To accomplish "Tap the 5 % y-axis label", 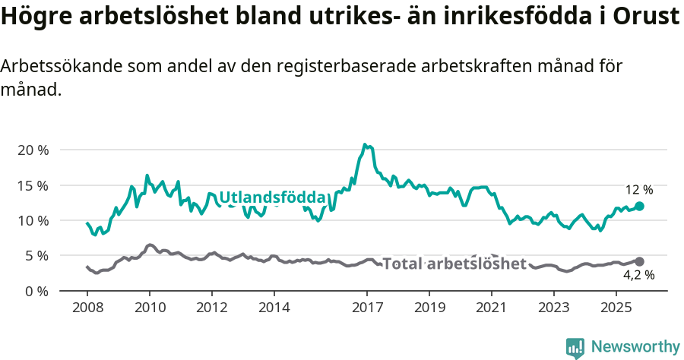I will click(36, 256).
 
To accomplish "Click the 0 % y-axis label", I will click(36, 291).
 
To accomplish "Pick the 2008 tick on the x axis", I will click(87, 308).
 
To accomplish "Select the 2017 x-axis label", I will click(367, 308).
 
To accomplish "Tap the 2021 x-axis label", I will click(492, 308).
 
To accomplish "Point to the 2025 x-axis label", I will click(616, 308).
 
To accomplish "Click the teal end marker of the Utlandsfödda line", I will click(639, 206).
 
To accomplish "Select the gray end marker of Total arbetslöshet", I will click(639, 261).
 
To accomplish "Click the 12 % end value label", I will click(638, 190).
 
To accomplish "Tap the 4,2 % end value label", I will click(638, 276).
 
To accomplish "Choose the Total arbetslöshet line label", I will click(454, 264).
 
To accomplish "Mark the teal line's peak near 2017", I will click(365, 144).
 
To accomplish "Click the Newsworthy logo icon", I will click(575, 348).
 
